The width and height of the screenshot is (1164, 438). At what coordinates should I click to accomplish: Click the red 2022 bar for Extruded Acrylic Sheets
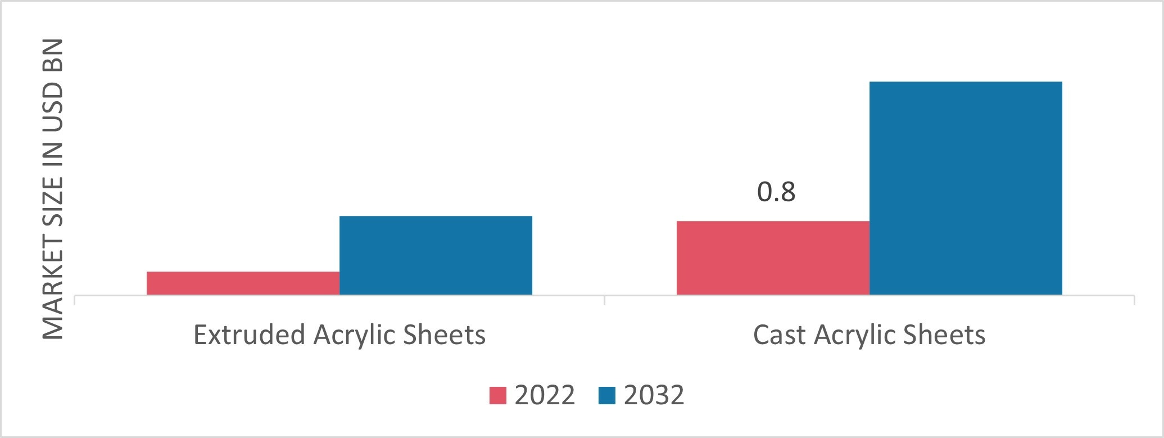tap(243, 283)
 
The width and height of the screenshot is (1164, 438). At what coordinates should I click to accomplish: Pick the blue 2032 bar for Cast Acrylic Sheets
tap(966, 188)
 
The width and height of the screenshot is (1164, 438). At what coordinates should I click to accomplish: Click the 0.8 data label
tap(776, 192)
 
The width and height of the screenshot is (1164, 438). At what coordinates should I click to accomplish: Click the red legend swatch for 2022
tap(499, 395)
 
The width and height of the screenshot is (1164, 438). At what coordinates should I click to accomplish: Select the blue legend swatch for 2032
tap(608, 395)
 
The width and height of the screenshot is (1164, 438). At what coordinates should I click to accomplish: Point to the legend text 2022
tap(545, 395)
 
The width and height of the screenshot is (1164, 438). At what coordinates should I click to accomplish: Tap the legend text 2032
tap(654, 395)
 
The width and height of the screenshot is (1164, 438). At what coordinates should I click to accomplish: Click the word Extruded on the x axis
tap(248, 335)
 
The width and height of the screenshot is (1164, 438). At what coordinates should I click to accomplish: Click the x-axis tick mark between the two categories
tap(604, 300)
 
